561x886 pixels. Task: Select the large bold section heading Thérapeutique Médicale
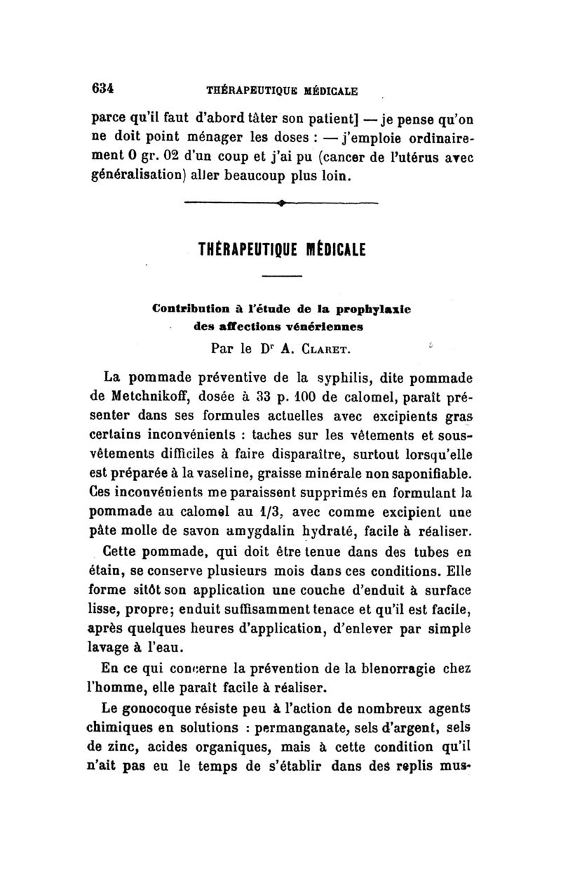(283, 249)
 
